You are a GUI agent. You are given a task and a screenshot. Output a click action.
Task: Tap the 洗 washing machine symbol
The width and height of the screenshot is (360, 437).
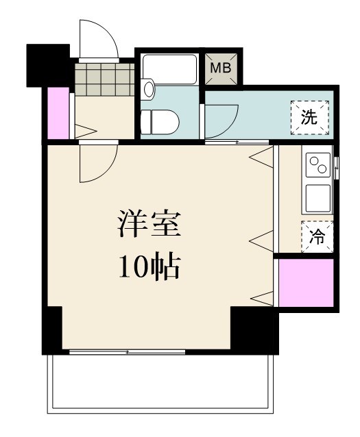[309, 116]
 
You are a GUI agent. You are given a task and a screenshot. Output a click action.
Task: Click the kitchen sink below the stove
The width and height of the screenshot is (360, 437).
[318, 198]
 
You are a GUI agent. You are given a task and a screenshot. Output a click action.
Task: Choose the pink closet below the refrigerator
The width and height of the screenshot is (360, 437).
[306, 282]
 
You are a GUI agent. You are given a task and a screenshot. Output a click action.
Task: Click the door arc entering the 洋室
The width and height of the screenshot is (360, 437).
[96, 164]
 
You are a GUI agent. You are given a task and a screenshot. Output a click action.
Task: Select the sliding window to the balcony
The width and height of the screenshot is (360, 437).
[128, 351]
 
